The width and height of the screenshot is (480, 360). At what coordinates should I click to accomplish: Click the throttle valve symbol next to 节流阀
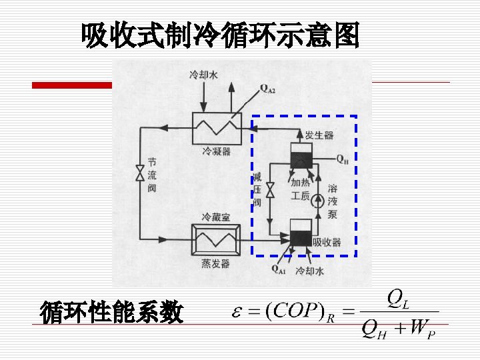139,173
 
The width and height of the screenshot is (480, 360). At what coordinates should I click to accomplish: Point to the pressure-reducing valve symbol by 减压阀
270,191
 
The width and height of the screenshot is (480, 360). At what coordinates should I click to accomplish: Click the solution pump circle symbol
318,199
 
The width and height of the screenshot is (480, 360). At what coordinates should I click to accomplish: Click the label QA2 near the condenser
267,87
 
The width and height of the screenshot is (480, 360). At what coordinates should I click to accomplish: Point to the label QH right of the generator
341,159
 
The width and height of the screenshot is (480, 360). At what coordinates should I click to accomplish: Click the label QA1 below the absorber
279,269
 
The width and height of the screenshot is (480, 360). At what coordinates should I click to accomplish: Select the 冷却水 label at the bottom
309,271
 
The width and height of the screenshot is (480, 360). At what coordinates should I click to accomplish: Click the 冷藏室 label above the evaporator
216,218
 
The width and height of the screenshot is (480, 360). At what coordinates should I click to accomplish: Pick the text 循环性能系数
111,311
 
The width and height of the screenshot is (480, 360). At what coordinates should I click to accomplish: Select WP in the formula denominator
421,329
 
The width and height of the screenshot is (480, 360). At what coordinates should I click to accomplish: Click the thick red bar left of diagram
72,85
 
